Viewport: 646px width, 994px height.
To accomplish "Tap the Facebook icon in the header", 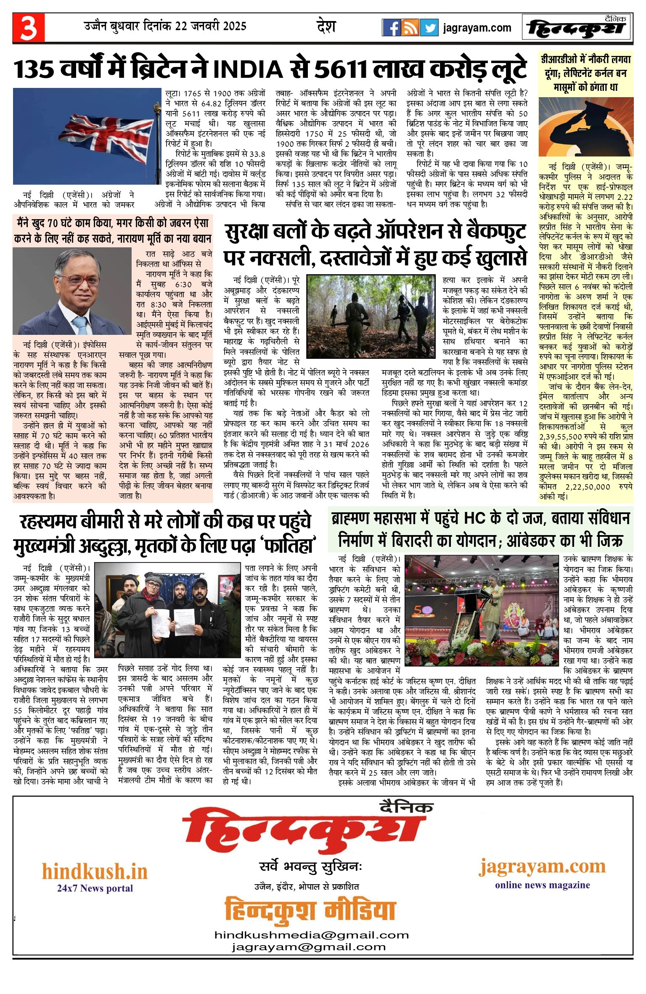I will [391, 28].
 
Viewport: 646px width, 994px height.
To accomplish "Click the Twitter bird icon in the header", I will [429, 28].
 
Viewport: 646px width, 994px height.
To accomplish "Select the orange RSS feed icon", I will [410, 28].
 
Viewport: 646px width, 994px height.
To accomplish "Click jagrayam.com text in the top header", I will [477, 28].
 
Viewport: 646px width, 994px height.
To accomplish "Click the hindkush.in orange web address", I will [95, 871].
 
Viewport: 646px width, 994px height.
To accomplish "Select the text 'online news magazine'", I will [542, 885].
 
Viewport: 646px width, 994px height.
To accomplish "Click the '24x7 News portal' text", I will [95, 888].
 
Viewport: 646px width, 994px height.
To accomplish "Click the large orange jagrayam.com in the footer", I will [542, 867].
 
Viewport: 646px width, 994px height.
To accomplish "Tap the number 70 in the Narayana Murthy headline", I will [52, 223].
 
